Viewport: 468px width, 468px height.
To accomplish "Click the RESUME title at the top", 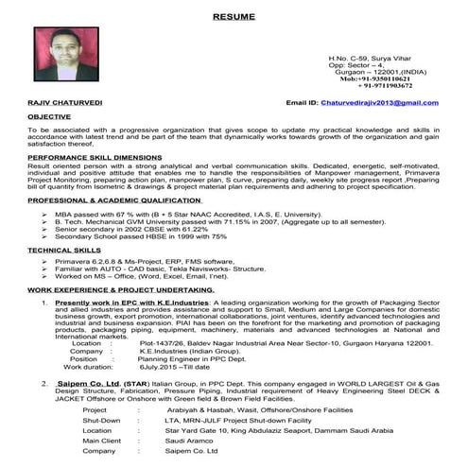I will point(233,17).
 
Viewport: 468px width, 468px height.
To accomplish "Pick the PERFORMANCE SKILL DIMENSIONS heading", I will point(94,157).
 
